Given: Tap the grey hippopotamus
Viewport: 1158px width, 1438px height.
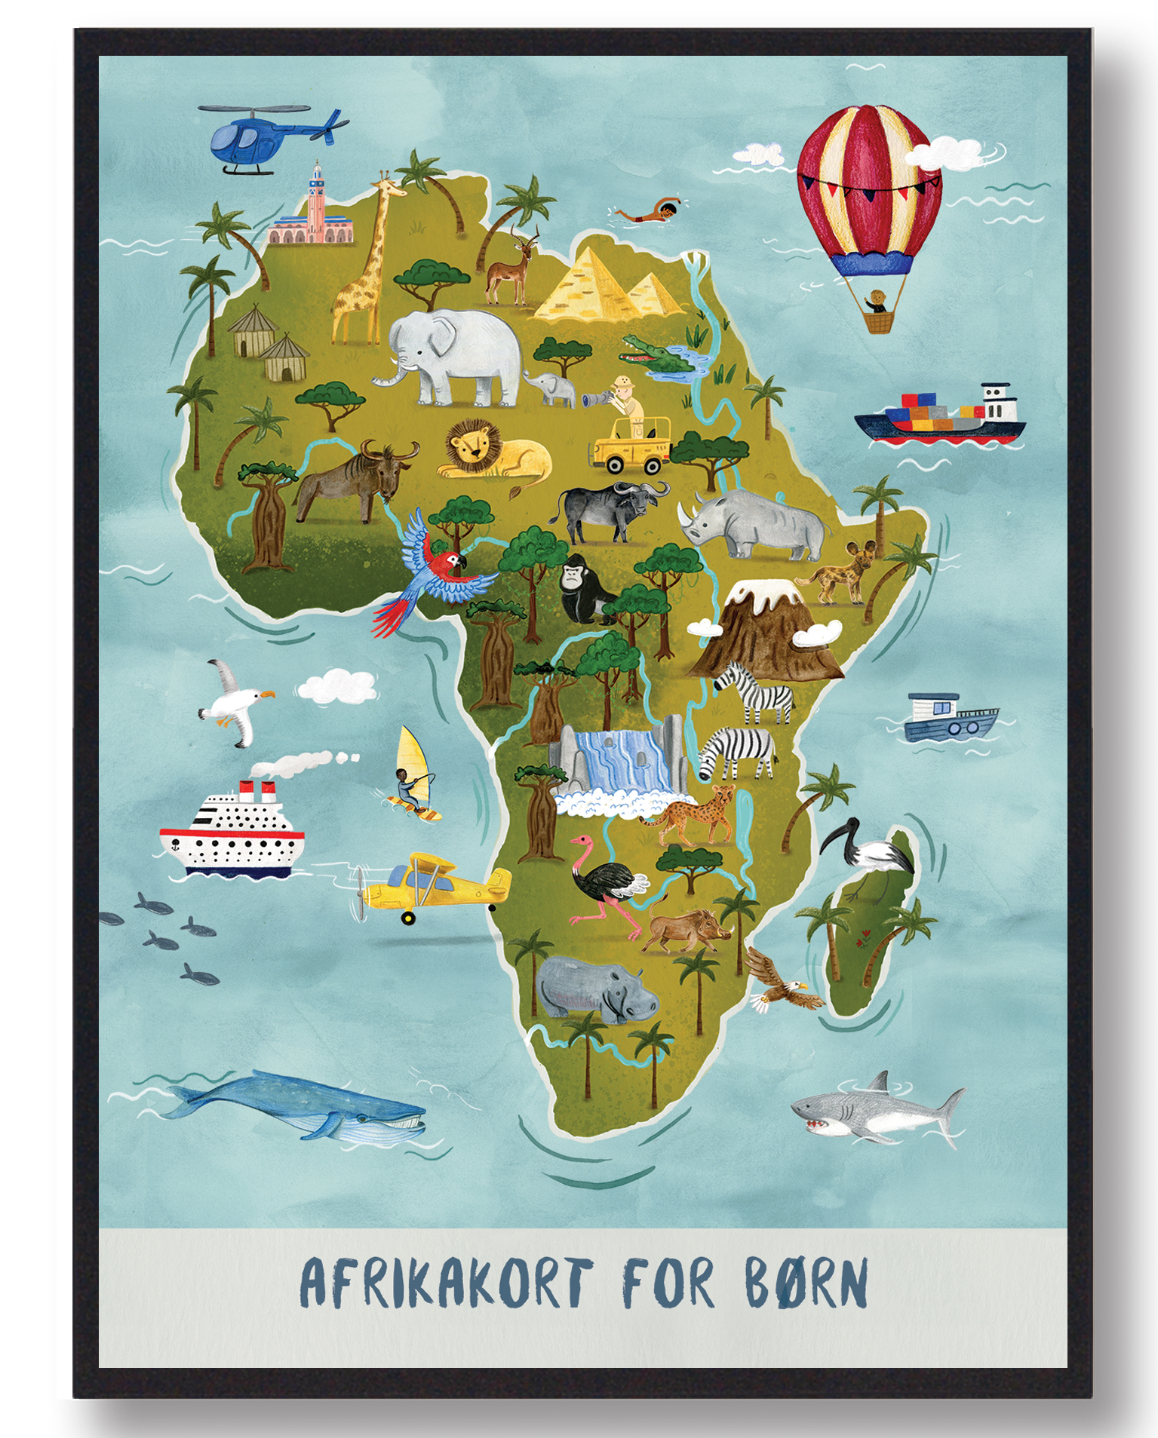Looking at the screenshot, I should coord(596,988).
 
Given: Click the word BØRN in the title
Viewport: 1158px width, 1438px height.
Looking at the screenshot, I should coord(806,1281).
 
